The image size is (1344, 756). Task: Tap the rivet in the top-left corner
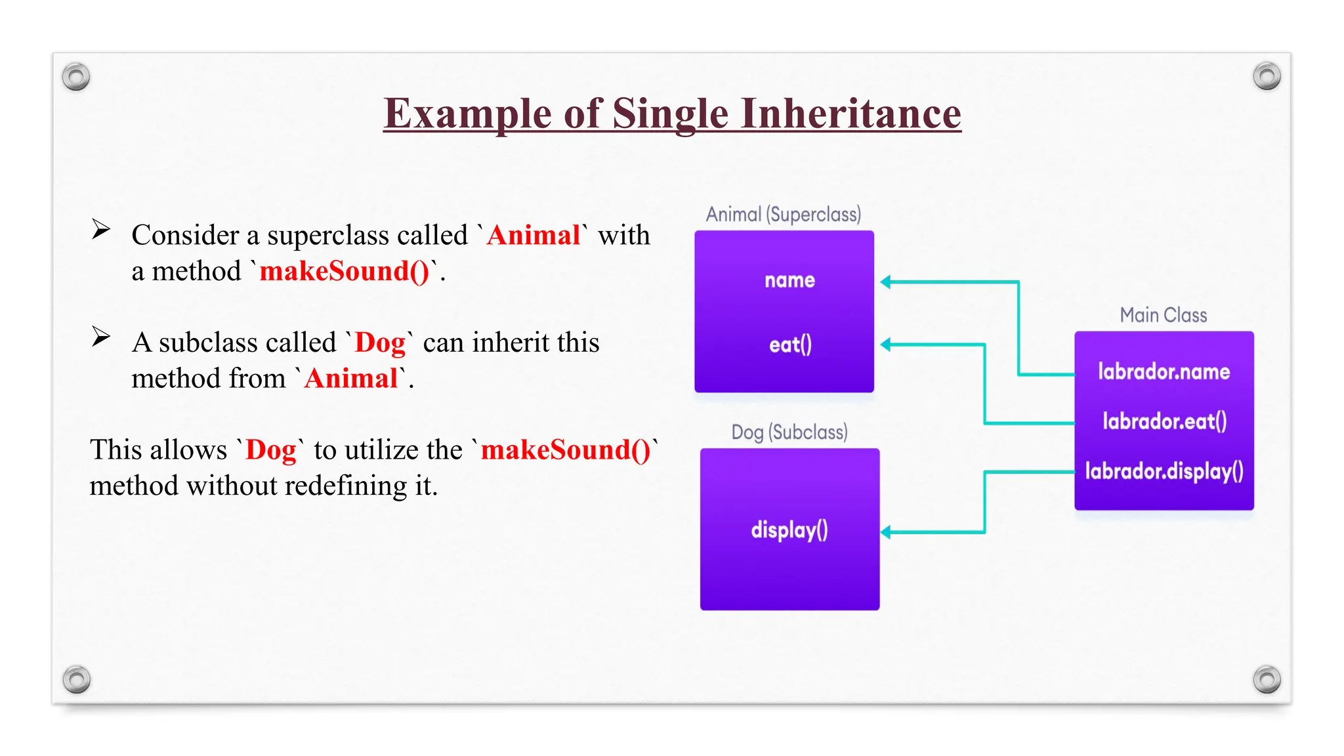(76, 77)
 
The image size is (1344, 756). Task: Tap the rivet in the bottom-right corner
(1267, 679)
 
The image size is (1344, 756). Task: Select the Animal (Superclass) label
(783, 215)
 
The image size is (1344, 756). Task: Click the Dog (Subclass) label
(789, 432)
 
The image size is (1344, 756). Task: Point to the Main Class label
(1163, 316)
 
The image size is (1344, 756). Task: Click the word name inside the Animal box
(789, 281)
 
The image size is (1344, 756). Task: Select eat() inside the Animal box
(790, 345)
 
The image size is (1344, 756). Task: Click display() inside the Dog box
(789, 530)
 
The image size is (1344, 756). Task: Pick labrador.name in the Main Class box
(1164, 372)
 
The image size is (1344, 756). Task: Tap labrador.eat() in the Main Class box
(1164, 421)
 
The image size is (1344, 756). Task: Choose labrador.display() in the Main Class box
(1164, 471)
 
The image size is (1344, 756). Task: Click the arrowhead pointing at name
(885, 282)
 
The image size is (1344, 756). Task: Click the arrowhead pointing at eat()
(885, 345)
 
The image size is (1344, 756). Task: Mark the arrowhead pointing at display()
(885, 532)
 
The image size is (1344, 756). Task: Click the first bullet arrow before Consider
(100, 229)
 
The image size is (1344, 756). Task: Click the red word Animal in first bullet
(533, 235)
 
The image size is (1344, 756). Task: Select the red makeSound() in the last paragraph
(566, 450)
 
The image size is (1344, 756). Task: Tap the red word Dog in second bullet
(380, 343)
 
